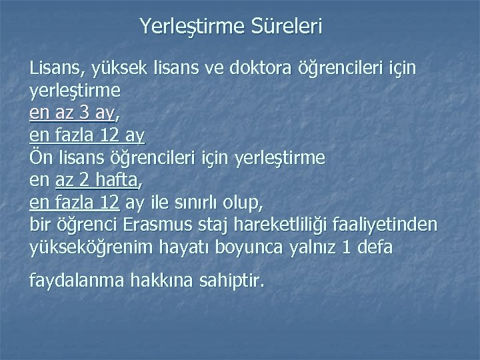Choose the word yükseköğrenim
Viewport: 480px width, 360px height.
point(91,248)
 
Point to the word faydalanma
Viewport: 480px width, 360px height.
point(72,281)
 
